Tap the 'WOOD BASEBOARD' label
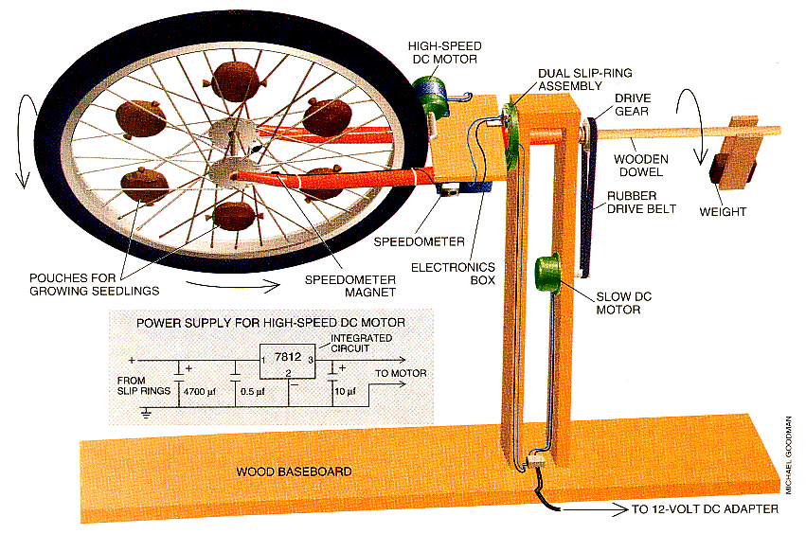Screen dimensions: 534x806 (281, 471)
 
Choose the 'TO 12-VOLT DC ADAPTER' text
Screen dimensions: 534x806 (706, 509)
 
